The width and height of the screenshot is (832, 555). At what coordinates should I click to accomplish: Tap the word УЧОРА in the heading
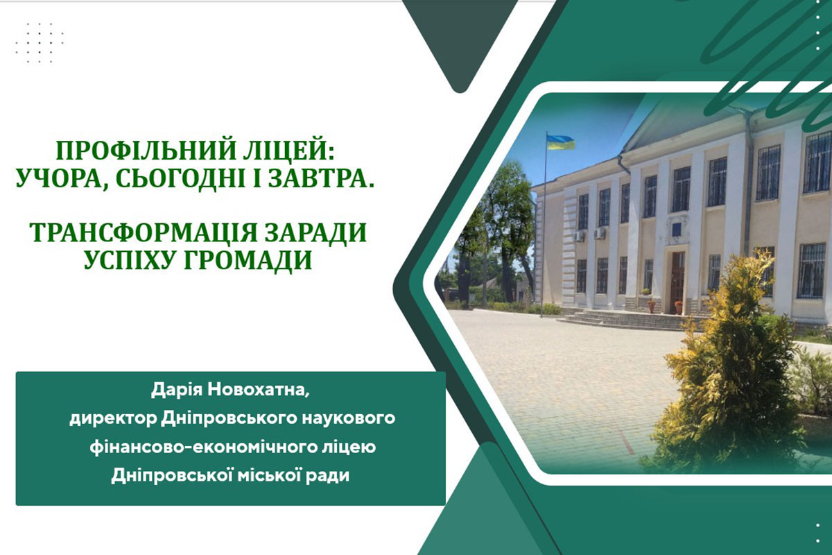pos(60,180)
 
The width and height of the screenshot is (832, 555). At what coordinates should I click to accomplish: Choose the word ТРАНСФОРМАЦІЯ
pos(144,232)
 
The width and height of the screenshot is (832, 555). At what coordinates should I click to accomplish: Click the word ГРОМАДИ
pos(248,260)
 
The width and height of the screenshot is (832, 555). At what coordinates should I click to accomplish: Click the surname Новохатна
pos(258,391)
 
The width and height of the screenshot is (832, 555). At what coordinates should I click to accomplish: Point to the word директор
pos(113,419)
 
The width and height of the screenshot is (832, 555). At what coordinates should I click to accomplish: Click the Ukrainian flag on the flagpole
pos(560,143)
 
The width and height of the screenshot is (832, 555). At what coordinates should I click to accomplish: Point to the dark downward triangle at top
pos(460,42)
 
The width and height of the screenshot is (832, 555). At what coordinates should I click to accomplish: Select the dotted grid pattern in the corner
pos(40,43)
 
